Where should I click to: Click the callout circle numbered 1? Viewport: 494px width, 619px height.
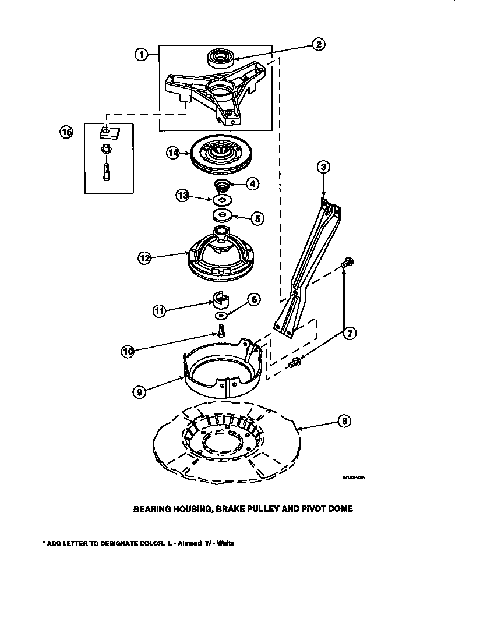[140, 55]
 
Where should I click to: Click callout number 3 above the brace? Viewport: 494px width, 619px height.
[324, 168]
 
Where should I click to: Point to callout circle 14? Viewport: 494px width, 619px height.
[173, 153]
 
